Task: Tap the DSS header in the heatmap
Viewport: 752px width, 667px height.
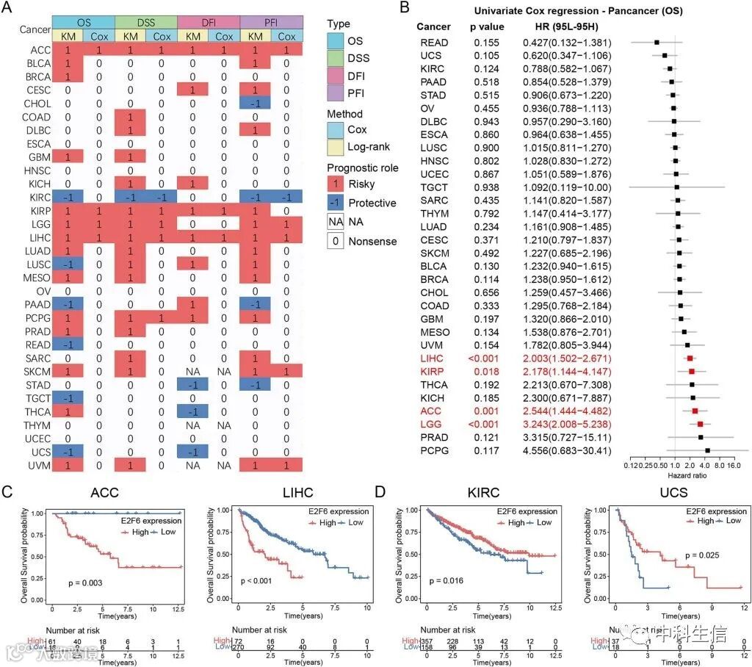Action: [x=146, y=22]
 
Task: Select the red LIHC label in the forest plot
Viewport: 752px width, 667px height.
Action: [x=430, y=357]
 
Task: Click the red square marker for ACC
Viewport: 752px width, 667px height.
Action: [x=695, y=411]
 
